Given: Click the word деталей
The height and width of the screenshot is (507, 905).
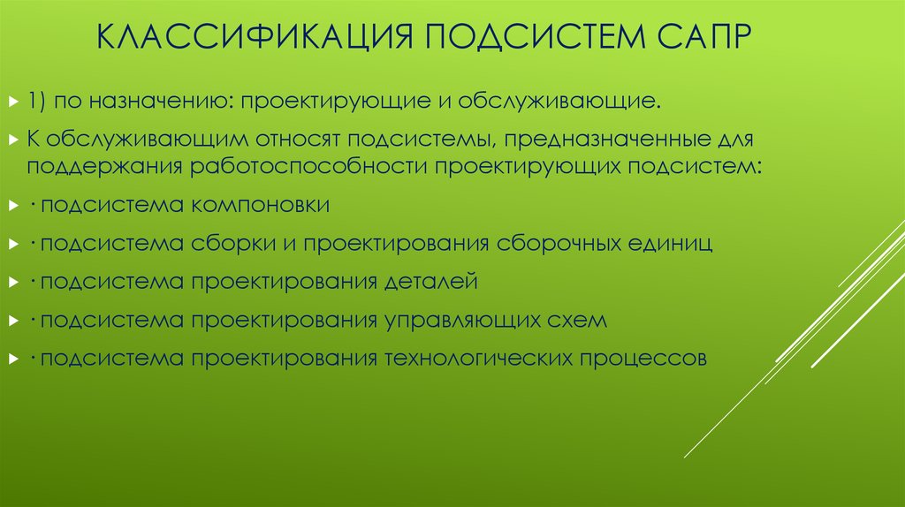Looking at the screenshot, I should [431, 282].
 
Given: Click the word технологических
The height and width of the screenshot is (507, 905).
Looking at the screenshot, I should [475, 359].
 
